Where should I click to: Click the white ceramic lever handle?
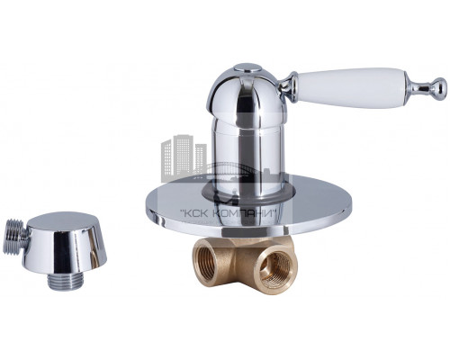point(349,87)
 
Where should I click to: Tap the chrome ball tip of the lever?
point(440,86)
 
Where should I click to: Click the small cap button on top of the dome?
point(246,68)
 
